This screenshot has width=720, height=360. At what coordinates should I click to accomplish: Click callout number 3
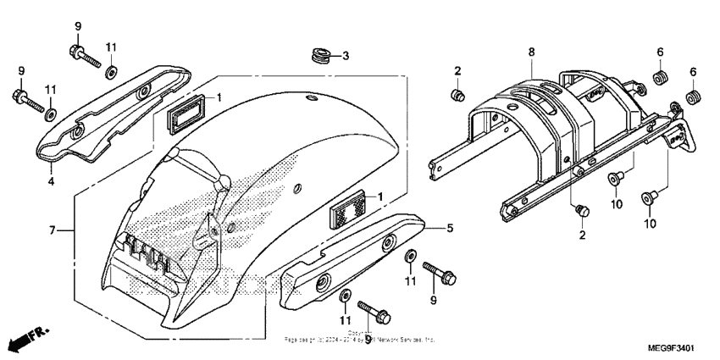(x=346, y=57)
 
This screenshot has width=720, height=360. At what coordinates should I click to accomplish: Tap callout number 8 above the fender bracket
(x=532, y=53)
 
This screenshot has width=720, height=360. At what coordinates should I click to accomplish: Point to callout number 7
(x=53, y=230)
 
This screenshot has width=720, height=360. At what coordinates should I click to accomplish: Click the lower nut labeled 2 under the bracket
(x=581, y=209)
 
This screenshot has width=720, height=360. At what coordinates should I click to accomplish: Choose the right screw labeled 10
(x=649, y=197)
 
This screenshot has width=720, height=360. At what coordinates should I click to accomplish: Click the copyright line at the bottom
(x=360, y=338)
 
